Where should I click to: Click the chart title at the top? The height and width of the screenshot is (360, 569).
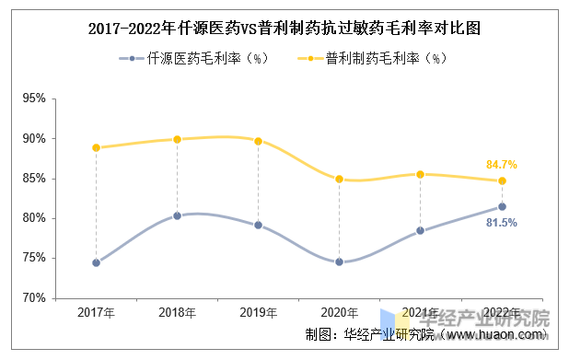[x=284, y=29]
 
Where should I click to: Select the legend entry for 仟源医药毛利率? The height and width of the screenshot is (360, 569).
[x=193, y=58]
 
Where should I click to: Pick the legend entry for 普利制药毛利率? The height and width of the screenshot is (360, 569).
[x=372, y=58]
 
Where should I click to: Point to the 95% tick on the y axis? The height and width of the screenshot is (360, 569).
[x=34, y=99]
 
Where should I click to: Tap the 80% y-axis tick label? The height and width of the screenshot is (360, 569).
[x=34, y=218]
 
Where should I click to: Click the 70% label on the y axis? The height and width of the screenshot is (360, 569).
[x=34, y=298]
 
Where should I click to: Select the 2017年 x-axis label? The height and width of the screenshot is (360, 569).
[x=96, y=312]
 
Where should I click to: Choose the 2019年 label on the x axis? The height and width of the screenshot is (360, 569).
[x=259, y=312]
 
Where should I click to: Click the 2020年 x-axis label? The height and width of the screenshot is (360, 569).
[x=340, y=312]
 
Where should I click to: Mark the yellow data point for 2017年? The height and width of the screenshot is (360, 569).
[x=96, y=147]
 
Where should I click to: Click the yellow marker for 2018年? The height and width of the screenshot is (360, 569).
[x=177, y=139]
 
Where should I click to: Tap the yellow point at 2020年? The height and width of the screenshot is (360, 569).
[x=340, y=179]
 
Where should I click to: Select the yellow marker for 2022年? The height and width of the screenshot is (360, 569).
[x=502, y=180]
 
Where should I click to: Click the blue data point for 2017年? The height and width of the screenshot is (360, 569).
[x=96, y=262]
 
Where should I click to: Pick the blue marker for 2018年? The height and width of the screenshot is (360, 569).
[x=177, y=216]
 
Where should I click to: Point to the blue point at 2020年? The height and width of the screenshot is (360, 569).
[x=340, y=262]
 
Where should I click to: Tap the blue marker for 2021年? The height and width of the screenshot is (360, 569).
[x=420, y=230]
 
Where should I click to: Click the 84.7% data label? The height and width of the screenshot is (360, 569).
[x=502, y=165]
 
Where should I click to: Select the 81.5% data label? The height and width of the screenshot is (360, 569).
[x=502, y=223]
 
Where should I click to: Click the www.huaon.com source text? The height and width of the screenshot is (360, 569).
[x=495, y=334]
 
